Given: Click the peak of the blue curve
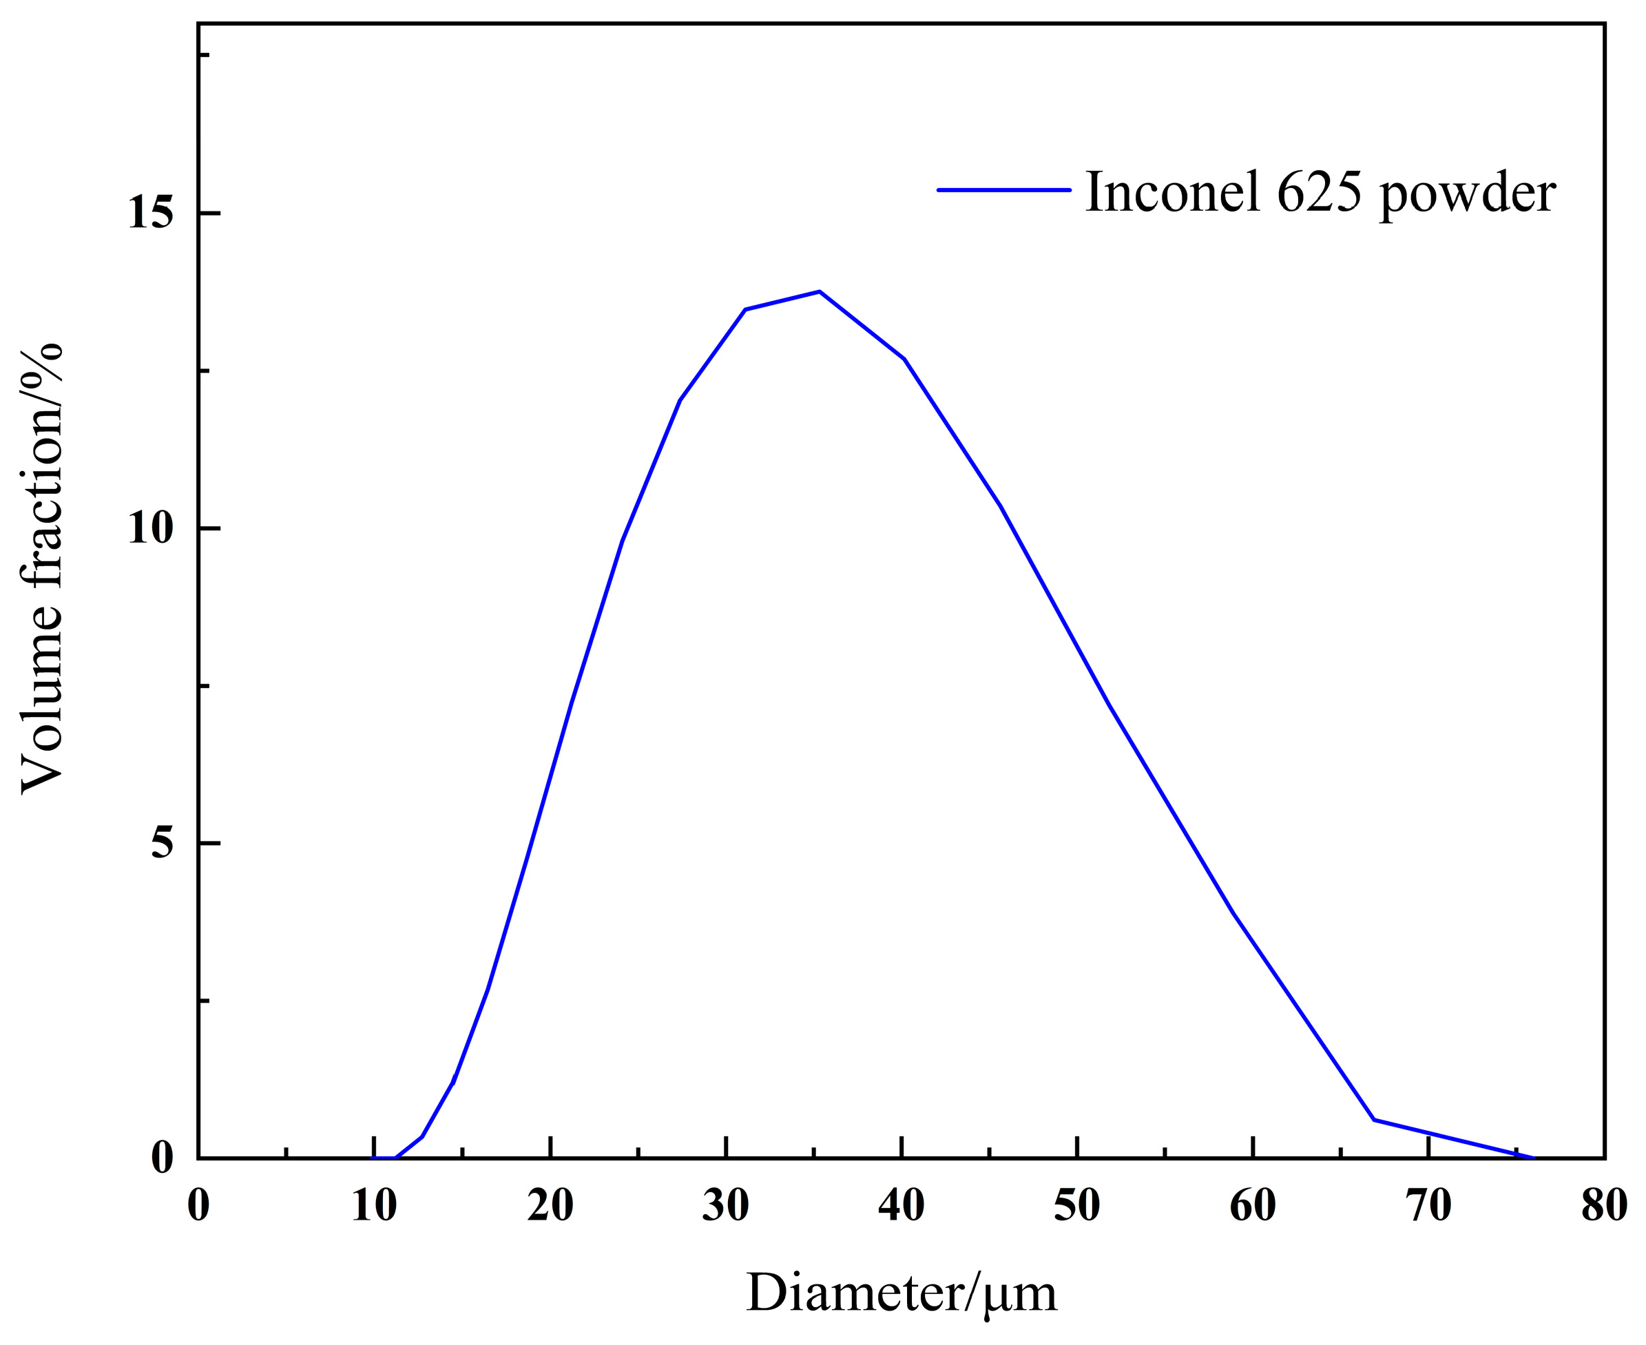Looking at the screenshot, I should (819, 291).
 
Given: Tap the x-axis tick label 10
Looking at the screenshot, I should (374, 1207).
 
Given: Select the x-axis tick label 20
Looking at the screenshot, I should (550, 1207).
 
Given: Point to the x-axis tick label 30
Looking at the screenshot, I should (726, 1207).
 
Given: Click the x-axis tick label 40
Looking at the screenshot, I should (902, 1207).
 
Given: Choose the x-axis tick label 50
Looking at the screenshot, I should (1077, 1207).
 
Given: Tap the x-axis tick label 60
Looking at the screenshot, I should (1253, 1207).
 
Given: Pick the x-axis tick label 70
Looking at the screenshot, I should (1429, 1207).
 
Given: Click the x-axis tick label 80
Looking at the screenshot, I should (1604, 1207).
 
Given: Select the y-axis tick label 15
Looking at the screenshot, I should (150, 212).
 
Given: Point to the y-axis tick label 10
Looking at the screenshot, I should (150, 528).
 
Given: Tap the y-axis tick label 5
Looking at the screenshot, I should (162, 843).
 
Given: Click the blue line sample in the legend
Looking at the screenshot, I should (1004, 190).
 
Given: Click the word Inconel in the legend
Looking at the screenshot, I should (1173, 191).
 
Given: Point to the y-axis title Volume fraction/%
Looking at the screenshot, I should (42, 569).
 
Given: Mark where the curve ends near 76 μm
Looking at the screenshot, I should (1534, 1158).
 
